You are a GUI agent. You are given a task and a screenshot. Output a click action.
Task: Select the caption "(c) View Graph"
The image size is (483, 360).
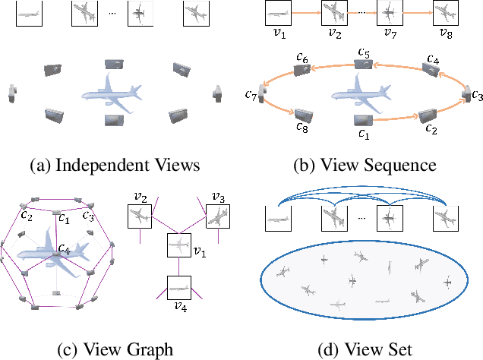point(115,349)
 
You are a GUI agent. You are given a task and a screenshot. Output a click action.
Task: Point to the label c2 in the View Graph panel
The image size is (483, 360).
point(27,214)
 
